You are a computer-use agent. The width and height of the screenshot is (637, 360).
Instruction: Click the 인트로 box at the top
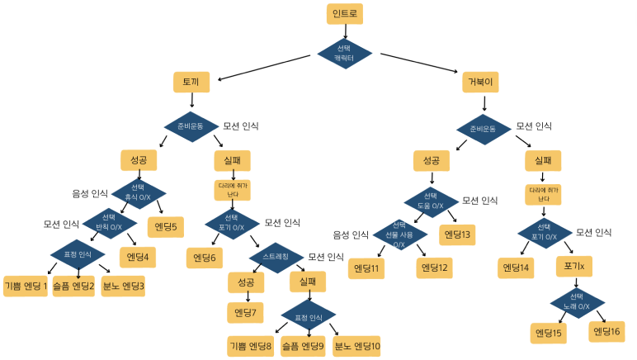click(345, 14)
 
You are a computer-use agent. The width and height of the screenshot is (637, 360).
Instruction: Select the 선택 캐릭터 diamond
click(345, 54)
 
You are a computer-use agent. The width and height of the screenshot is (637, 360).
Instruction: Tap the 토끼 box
click(191, 82)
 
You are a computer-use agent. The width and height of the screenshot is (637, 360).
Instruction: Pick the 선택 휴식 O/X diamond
click(139, 193)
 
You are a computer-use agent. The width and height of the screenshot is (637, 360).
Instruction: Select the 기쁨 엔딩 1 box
click(26, 287)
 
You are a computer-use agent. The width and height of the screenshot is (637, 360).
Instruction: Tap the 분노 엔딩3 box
click(123, 287)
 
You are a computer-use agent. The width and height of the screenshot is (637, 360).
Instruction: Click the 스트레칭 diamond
click(276, 256)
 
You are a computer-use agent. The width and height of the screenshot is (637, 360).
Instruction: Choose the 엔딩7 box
click(245, 312)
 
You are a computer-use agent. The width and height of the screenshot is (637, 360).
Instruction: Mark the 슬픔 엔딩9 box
click(303, 345)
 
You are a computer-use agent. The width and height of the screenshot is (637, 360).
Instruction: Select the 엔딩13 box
click(457, 234)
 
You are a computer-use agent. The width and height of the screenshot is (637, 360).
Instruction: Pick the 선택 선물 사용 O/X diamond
click(399, 234)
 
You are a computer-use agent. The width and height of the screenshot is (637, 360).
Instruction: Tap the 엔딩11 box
click(366, 268)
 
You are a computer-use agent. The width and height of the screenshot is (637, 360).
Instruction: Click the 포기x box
click(575, 267)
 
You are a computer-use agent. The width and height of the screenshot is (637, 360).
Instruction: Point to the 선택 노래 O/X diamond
click(577, 301)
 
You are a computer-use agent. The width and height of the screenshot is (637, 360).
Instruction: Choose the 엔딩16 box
click(606, 331)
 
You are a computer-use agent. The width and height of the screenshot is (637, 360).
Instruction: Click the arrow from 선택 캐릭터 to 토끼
click(265, 67)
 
